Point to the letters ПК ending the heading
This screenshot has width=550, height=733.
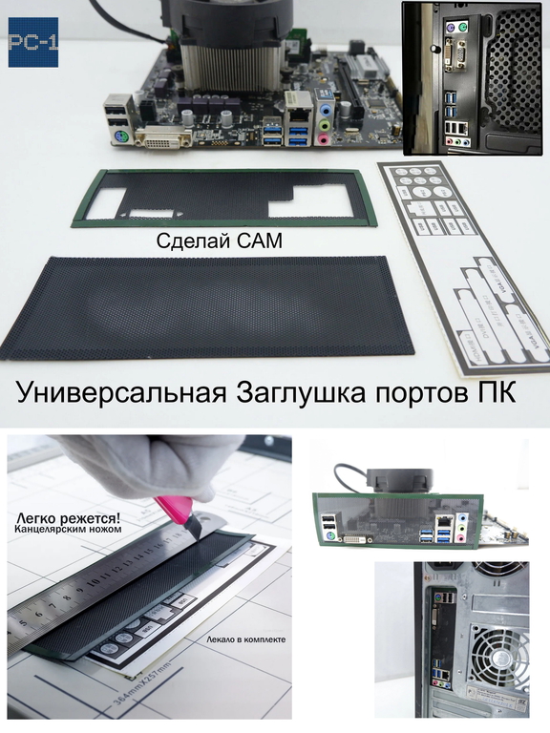pyautogui.click(x=495, y=392)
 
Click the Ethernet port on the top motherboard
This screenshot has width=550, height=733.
pyautogui.click(x=298, y=105)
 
